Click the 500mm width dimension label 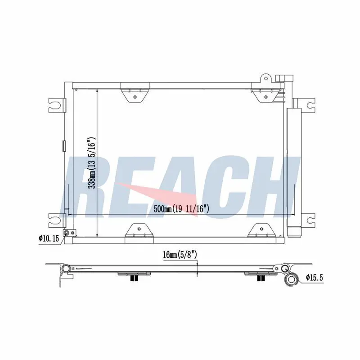coord(181,209)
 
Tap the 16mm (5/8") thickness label coord(180,255)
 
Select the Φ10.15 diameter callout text coord(49,238)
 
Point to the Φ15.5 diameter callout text coord(314,278)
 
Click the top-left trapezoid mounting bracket coord(135,92)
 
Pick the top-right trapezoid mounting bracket coord(266,92)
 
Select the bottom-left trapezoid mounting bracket coord(139,234)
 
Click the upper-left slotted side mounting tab coord(57,105)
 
